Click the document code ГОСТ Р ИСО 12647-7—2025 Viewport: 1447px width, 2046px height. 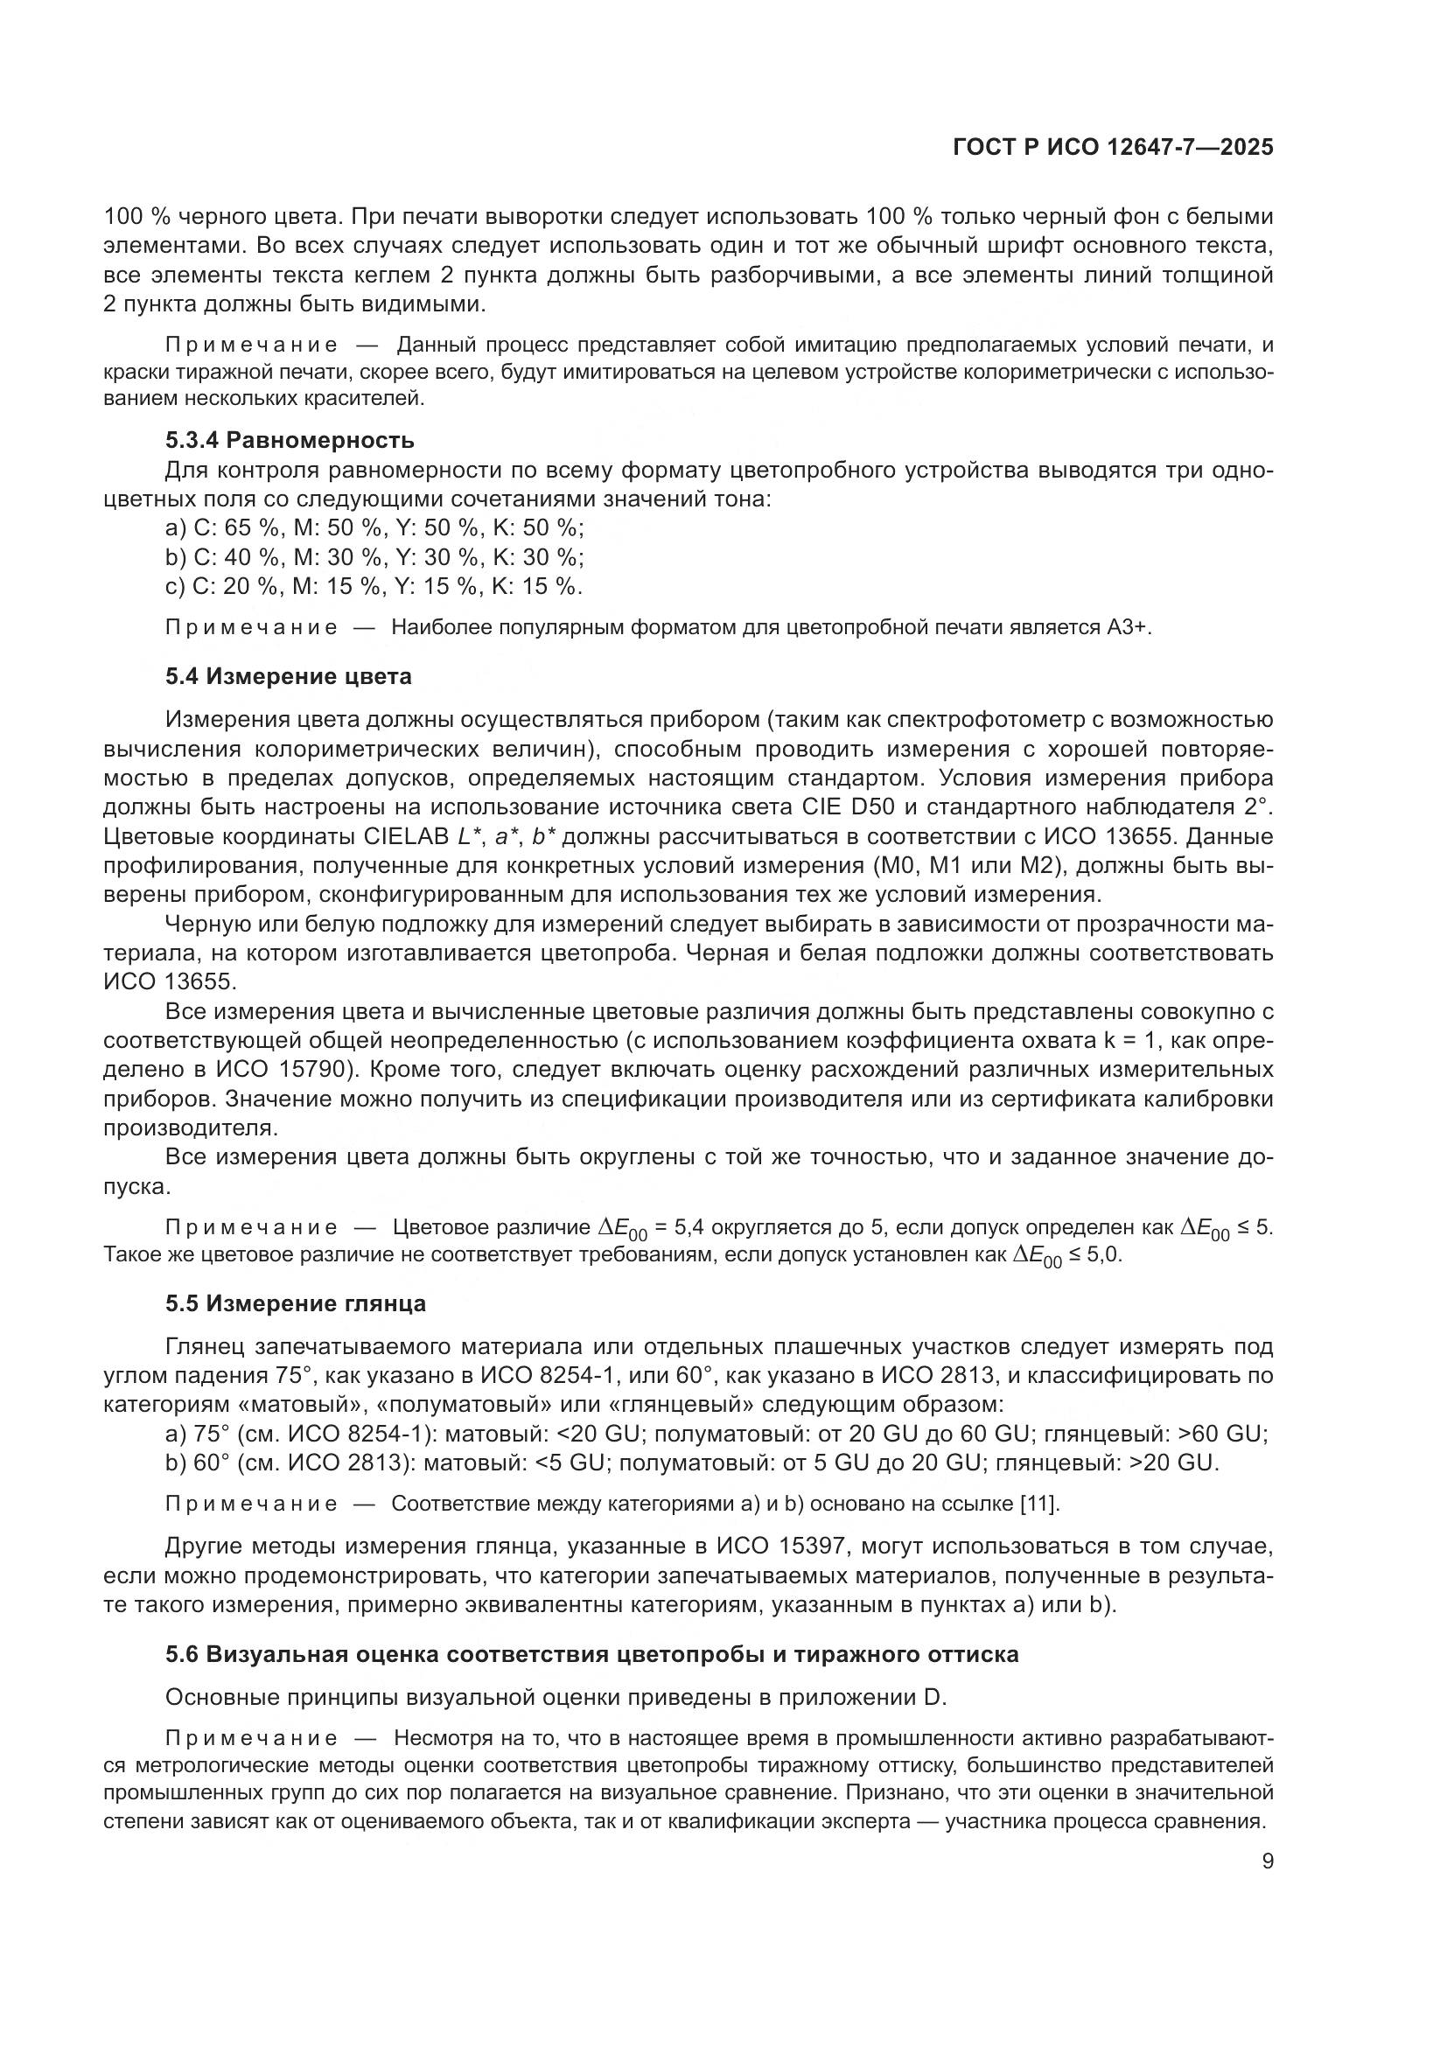point(1112,148)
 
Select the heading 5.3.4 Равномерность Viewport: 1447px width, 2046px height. point(290,440)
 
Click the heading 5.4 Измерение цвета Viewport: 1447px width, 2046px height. point(288,676)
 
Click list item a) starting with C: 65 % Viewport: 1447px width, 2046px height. point(374,528)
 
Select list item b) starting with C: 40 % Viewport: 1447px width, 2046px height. point(374,558)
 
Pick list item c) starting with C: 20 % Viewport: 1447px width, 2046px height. point(374,586)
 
